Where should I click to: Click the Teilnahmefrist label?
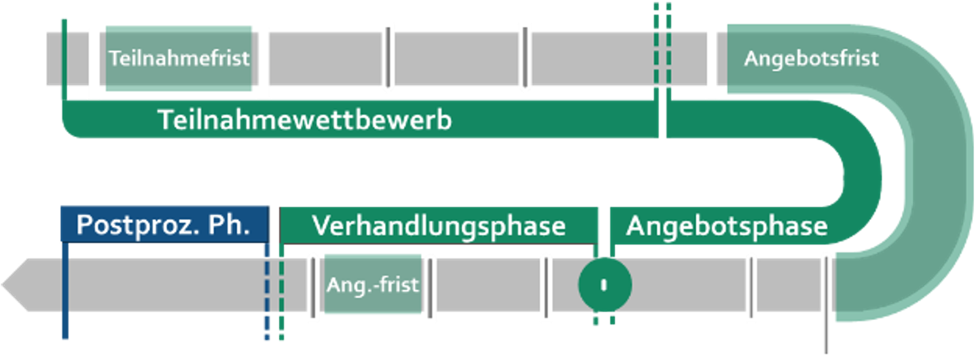click(x=179, y=58)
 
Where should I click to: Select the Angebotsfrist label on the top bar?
click(x=811, y=58)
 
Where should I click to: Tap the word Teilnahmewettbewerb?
click(x=304, y=121)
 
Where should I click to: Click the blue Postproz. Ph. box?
click(x=164, y=225)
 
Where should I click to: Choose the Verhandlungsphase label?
click(x=439, y=226)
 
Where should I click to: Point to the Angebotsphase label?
click(x=727, y=226)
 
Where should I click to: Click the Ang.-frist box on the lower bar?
click(x=372, y=285)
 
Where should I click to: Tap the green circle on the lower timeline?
click(x=604, y=285)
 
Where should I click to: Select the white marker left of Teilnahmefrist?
click(x=94, y=62)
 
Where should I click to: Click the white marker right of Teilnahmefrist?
click(x=263, y=62)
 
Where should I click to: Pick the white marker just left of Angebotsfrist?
click(x=712, y=62)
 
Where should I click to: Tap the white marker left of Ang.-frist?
click(x=314, y=287)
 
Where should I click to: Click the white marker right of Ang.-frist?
click(x=429, y=287)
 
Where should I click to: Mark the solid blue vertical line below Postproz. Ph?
click(x=65, y=291)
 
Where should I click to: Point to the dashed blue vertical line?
click(x=266, y=291)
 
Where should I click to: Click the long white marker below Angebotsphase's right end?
click(x=827, y=304)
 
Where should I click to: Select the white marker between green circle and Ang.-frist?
click(x=545, y=287)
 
